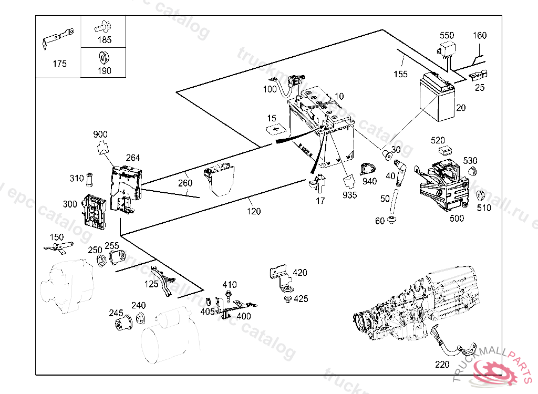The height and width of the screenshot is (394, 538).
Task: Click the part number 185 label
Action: click(104, 39)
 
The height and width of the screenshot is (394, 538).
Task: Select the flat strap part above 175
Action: click(58, 39)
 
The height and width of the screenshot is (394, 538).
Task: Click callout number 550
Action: click(447, 35)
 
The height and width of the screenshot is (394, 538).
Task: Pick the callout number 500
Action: click(457, 218)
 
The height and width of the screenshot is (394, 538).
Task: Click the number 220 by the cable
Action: click(442, 364)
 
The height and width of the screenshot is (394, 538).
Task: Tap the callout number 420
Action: click(300, 273)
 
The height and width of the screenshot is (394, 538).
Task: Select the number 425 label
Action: click(301, 299)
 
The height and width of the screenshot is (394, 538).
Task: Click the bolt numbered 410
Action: click(229, 295)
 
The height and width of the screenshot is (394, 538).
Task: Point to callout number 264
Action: click(133, 157)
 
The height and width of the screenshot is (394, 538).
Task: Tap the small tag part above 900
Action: click(101, 148)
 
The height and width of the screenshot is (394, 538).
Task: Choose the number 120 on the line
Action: click(254, 211)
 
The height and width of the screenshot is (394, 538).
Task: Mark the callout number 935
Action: click(349, 195)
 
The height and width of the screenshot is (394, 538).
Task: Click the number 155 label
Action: click(400, 74)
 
